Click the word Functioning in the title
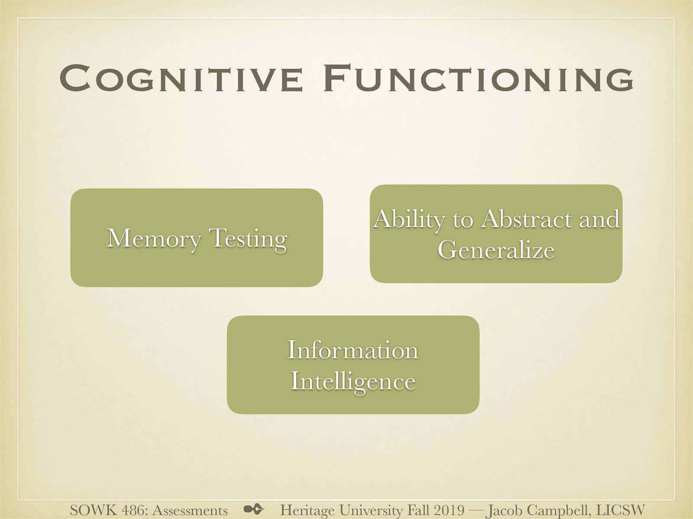pos(478,79)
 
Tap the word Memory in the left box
pos(154,239)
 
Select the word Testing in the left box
pos(248,239)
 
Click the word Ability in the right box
pos(409,219)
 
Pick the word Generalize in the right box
pos(496,250)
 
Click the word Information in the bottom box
pos(353,350)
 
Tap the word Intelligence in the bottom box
pos(353,381)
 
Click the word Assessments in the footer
pos(190,510)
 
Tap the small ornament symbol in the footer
pos(253,509)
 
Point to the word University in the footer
pos(370,510)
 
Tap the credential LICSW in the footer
pos(620,510)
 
